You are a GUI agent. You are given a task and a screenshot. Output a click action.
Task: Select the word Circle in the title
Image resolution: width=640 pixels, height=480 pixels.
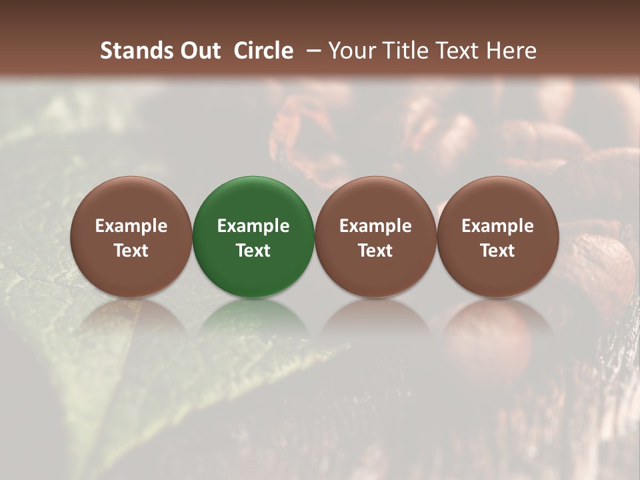263,51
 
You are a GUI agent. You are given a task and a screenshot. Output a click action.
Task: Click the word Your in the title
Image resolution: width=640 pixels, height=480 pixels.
349,51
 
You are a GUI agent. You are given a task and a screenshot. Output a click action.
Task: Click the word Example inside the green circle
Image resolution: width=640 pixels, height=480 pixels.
253,226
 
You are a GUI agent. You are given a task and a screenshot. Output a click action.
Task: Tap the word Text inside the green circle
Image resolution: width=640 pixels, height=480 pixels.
253,251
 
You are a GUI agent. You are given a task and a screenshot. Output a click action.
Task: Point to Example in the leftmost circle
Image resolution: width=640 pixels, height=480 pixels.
131,226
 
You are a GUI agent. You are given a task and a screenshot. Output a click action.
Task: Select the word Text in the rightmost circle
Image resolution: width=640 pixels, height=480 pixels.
497,251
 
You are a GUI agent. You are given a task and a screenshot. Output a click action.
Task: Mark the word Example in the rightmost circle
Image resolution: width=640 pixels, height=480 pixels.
497,226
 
